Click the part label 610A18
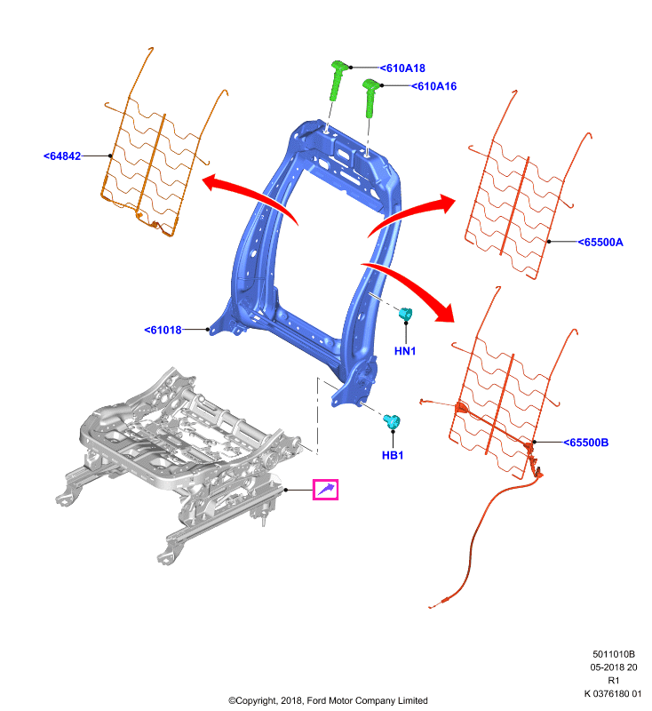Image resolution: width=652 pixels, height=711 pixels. click(x=402, y=68)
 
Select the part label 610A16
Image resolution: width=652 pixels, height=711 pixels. click(x=433, y=86)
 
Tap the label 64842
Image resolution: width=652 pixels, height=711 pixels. click(x=62, y=156)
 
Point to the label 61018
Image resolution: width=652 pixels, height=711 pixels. click(x=163, y=330)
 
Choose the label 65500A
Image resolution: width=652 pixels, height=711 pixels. click(x=600, y=242)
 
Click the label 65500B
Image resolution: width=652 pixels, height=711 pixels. click(x=586, y=443)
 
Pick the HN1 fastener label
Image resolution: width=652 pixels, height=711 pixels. click(x=404, y=351)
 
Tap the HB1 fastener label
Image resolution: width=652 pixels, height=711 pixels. click(x=393, y=455)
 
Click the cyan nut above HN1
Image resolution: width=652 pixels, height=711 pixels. click(x=406, y=314)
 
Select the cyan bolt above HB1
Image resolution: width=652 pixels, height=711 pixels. click(x=392, y=421)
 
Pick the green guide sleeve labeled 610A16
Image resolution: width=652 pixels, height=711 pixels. click(x=371, y=98)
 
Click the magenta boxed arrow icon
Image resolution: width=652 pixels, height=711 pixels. click(x=325, y=490)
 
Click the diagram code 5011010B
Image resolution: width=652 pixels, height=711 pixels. click(x=614, y=654)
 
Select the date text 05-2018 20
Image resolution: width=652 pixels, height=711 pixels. click(x=614, y=667)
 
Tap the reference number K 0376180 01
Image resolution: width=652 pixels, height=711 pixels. click(x=613, y=694)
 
